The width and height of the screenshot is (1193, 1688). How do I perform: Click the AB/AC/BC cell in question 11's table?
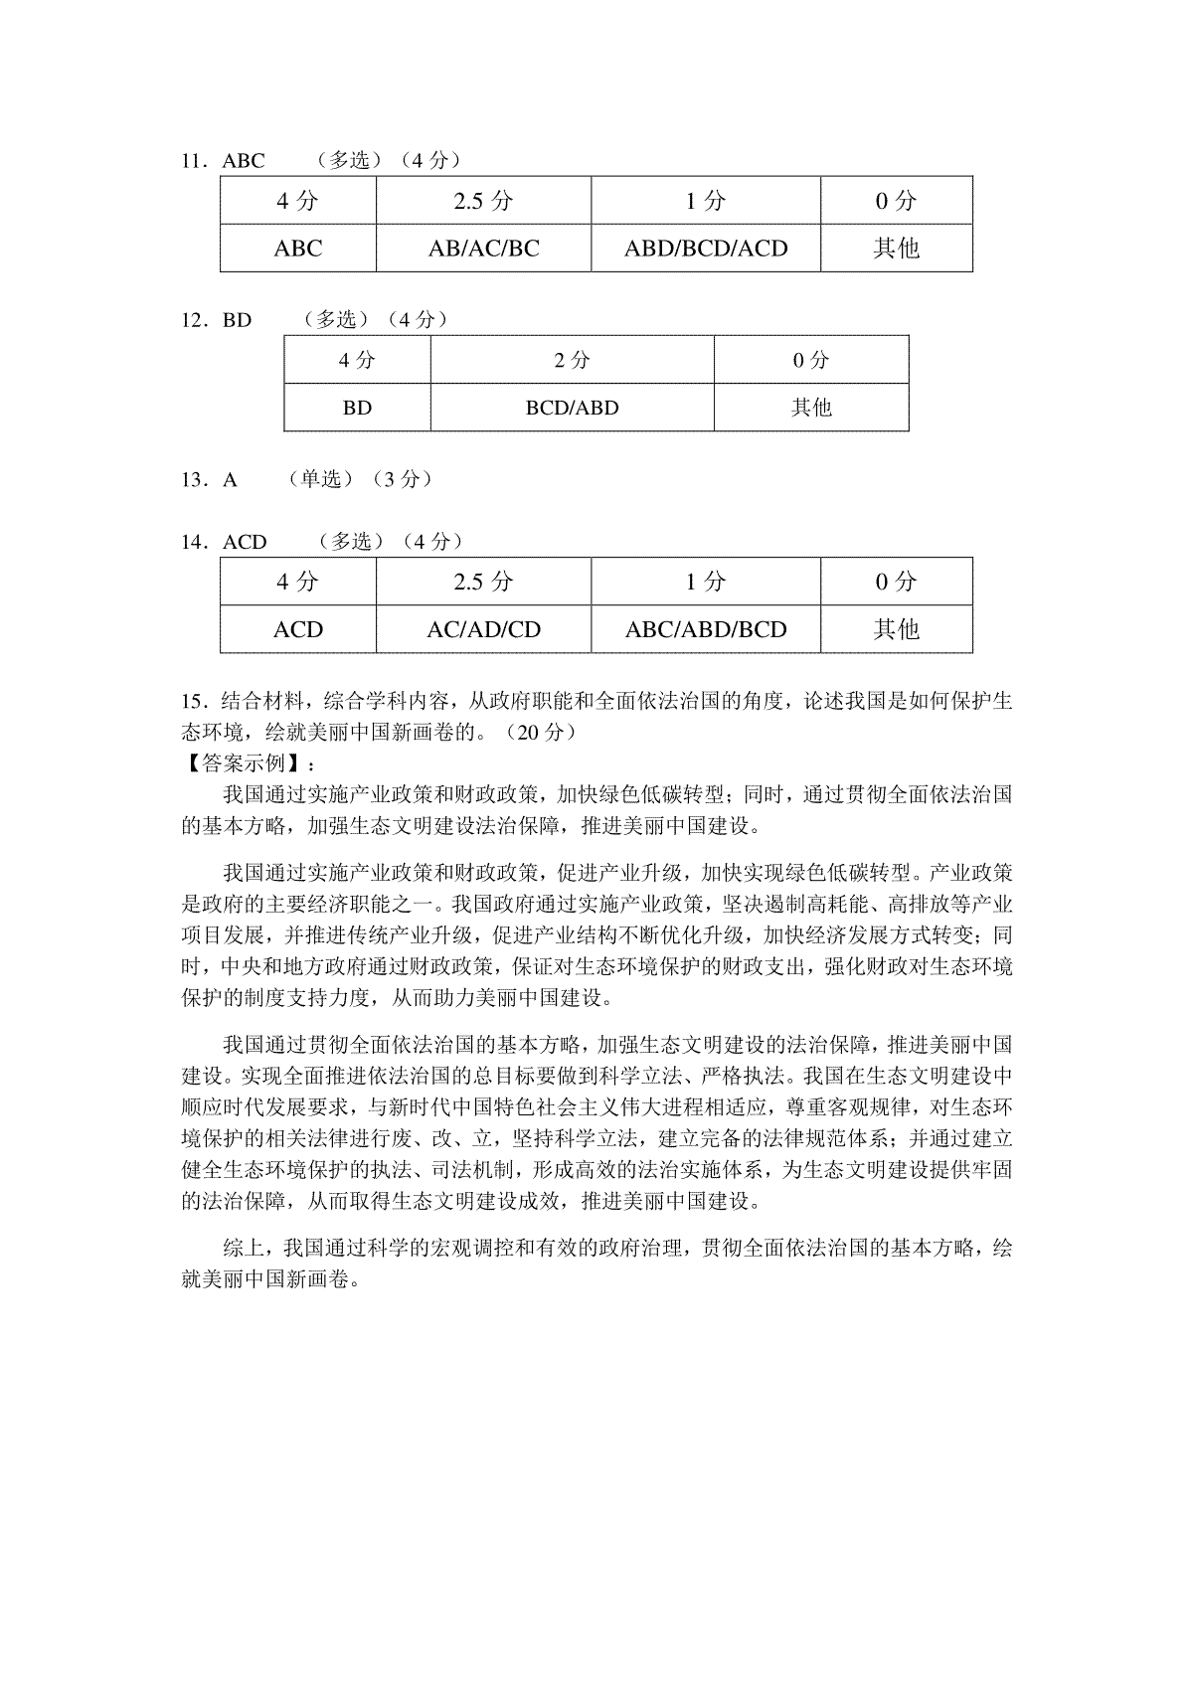(x=483, y=249)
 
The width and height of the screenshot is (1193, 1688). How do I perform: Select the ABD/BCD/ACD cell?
(x=706, y=249)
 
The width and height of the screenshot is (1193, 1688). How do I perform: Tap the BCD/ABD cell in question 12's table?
(x=572, y=408)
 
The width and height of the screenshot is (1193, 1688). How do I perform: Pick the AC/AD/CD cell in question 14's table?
(x=483, y=629)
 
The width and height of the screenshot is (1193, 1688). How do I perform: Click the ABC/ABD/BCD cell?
(x=706, y=629)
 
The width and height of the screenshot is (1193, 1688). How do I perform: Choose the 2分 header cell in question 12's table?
(x=572, y=360)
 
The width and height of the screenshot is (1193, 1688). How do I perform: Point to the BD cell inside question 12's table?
(x=357, y=408)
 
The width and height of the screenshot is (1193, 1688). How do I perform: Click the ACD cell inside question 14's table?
(x=298, y=629)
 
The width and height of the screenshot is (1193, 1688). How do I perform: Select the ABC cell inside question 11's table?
(x=298, y=249)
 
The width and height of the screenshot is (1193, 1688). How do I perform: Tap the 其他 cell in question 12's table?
(x=811, y=408)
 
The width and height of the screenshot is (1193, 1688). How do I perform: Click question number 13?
(x=193, y=480)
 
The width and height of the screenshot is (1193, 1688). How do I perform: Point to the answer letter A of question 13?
(x=231, y=480)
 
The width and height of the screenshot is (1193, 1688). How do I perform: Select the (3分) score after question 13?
(x=402, y=479)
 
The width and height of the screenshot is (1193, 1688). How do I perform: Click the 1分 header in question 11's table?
(x=706, y=201)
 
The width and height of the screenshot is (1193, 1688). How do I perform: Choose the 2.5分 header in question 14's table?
(x=483, y=582)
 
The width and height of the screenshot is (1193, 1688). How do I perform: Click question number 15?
(x=193, y=701)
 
